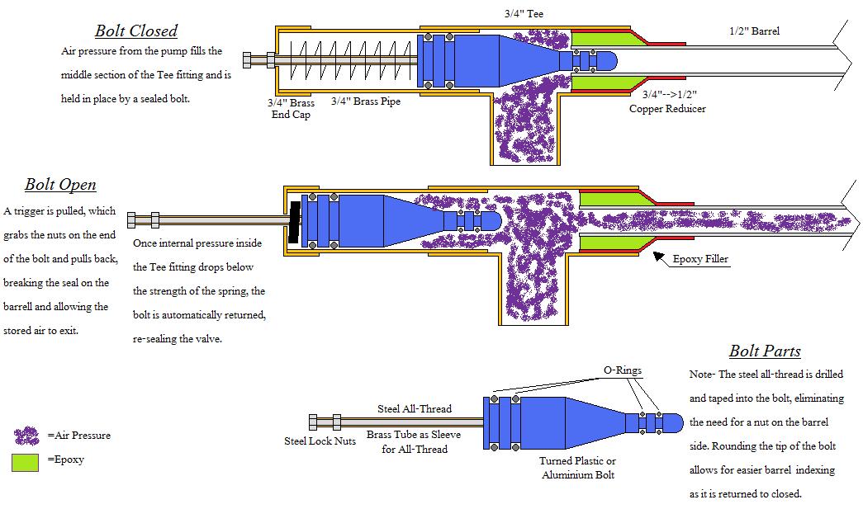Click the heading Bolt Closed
pyautogui.click(x=136, y=31)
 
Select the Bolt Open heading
pyautogui.click(x=60, y=185)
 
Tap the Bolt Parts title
pyautogui.click(x=765, y=351)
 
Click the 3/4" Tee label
pyautogui.click(x=524, y=14)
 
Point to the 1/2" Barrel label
pyautogui.click(x=754, y=31)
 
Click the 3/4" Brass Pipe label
pyautogui.click(x=365, y=102)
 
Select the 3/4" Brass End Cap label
pyautogui.click(x=291, y=109)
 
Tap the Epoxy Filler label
pyautogui.click(x=700, y=259)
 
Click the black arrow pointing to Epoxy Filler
pyautogui.click(x=660, y=257)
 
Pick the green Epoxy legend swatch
pyautogui.click(x=26, y=462)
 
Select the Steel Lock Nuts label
pyautogui.click(x=320, y=441)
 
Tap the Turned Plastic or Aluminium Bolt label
pyautogui.click(x=578, y=468)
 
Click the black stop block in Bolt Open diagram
pyautogui.click(x=293, y=220)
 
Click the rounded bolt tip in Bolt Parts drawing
pyautogui.click(x=675, y=423)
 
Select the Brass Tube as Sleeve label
pyautogui.click(x=414, y=441)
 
